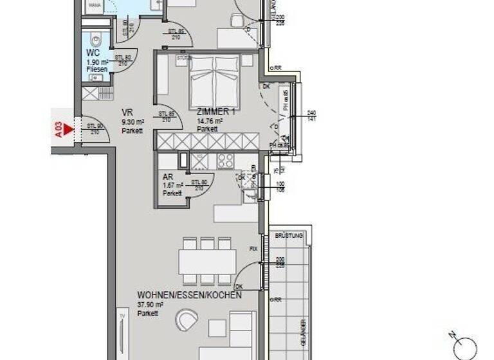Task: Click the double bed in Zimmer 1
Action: [x=215, y=81]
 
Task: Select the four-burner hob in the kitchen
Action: [x=226, y=161]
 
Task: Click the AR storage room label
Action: [x=167, y=178]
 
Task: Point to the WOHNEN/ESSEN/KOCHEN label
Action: [x=189, y=296]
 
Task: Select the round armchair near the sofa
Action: [x=187, y=319]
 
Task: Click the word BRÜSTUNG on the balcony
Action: [x=288, y=237]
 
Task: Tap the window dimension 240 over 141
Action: [x=311, y=116]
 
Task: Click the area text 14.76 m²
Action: [x=210, y=121]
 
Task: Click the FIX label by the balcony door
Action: [x=254, y=248]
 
